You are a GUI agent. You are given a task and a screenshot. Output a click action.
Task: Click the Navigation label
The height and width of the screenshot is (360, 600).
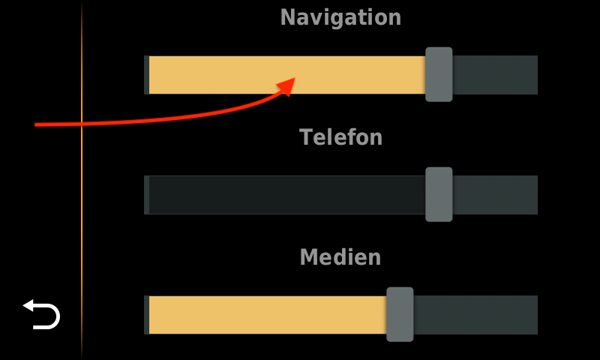click(340, 17)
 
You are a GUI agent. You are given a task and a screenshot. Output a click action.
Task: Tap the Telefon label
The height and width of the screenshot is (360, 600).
click(340, 137)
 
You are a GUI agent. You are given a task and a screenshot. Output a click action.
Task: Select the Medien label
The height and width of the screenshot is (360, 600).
click(340, 256)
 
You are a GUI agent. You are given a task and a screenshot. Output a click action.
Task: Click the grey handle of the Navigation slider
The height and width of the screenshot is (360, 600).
click(439, 74)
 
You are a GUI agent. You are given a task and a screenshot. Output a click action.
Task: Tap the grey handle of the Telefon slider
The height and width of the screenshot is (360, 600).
click(439, 194)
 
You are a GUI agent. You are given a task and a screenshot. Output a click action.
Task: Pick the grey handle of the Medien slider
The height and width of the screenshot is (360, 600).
click(400, 314)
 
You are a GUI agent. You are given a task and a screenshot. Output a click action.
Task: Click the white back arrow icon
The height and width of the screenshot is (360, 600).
click(42, 314)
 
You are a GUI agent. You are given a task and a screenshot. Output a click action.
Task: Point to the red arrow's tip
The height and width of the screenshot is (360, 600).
click(295, 78)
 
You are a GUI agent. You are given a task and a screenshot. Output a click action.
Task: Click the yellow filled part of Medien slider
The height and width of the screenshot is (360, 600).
click(268, 315)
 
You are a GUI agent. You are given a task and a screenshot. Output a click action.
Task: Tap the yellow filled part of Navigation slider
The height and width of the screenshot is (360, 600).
click(287, 75)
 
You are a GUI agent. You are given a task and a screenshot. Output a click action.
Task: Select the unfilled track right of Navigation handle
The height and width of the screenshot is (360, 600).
click(495, 75)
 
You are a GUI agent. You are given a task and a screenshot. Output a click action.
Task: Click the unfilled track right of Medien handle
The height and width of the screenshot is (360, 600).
click(475, 315)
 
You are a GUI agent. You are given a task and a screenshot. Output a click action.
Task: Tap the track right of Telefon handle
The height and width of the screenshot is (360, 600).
click(495, 195)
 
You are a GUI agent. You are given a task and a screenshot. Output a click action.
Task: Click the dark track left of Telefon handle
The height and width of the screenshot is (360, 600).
click(287, 195)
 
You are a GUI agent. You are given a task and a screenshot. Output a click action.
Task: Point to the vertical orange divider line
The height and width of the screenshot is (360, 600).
click(82, 180)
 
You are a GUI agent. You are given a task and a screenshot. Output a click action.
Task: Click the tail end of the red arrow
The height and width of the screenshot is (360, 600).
click(34, 124)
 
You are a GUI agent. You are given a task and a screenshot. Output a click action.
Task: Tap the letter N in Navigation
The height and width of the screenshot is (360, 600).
click(289, 17)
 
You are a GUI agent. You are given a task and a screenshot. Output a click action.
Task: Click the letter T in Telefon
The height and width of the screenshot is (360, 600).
click(306, 137)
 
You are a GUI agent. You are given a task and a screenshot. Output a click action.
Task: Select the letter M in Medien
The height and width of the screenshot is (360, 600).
click(310, 256)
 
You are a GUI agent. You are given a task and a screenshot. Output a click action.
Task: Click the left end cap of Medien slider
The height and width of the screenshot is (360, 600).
click(146, 315)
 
